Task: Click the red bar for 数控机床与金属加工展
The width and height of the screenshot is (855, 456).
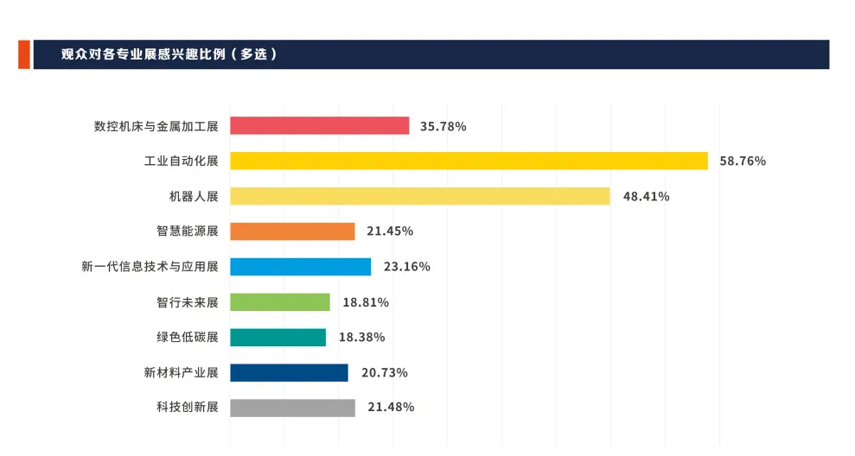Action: pos(319,126)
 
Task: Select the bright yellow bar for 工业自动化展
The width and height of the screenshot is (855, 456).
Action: pos(469,161)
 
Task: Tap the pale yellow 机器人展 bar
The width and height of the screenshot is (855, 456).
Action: pos(419,196)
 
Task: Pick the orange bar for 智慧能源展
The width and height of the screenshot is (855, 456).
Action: pos(292,231)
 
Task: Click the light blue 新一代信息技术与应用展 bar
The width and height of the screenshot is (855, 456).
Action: pos(300,267)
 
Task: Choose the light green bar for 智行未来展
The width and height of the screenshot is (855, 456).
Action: pos(279,302)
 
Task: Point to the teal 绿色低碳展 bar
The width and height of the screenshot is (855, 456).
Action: pos(278,338)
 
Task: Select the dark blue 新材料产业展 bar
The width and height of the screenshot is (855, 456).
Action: pos(289,372)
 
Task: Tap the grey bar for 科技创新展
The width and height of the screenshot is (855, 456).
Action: pos(292,408)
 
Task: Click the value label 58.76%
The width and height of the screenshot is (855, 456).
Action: pos(743,161)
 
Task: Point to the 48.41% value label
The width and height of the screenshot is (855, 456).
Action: pos(646,196)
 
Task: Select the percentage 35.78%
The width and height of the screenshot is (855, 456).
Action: pos(443,126)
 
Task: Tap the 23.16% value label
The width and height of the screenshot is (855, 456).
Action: pos(406,267)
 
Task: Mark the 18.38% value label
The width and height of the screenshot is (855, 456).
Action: pos(361,338)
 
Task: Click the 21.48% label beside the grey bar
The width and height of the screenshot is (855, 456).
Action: pos(391,408)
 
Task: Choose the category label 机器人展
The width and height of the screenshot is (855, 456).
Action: pos(194,196)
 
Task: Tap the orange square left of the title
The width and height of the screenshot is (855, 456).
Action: pos(24,54)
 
